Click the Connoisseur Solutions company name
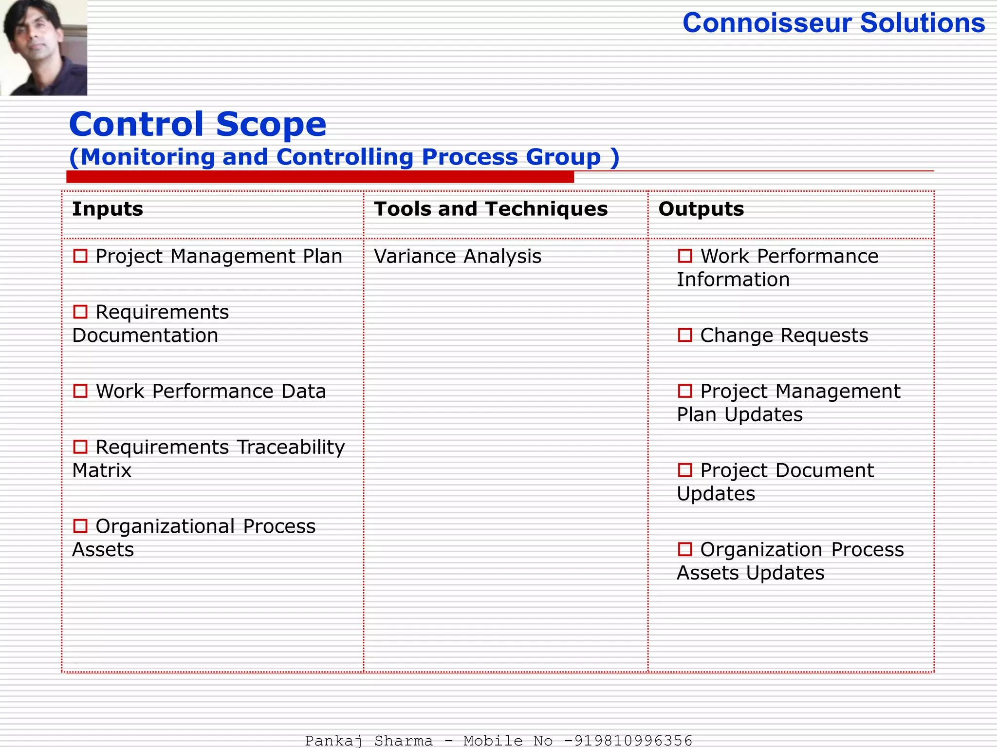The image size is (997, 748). pyautogui.click(x=833, y=23)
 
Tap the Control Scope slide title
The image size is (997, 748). pyautogui.click(x=198, y=124)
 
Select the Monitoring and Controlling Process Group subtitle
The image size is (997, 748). pyautogui.click(x=344, y=157)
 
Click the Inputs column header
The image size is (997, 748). pyautogui.click(x=108, y=209)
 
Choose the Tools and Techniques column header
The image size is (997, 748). pyautogui.click(x=491, y=209)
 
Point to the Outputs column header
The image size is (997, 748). pyautogui.click(x=701, y=209)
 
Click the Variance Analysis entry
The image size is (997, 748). pyautogui.click(x=458, y=256)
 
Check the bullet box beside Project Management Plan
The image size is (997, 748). pyautogui.click(x=80, y=256)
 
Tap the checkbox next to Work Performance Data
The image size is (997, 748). pyautogui.click(x=80, y=391)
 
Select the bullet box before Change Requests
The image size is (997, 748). pyautogui.click(x=685, y=335)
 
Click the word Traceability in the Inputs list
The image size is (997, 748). pyautogui.click(x=291, y=447)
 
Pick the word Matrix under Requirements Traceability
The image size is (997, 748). pyautogui.click(x=102, y=470)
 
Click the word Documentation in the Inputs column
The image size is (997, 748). pyautogui.click(x=145, y=336)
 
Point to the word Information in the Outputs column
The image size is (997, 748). pyautogui.click(x=733, y=280)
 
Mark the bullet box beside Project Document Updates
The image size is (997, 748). pyautogui.click(x=685, y=470)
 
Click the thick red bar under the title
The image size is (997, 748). pyautogui.click(x=320, y=177)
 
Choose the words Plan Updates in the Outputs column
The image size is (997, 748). pyautogui.click(x=739, y=415)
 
